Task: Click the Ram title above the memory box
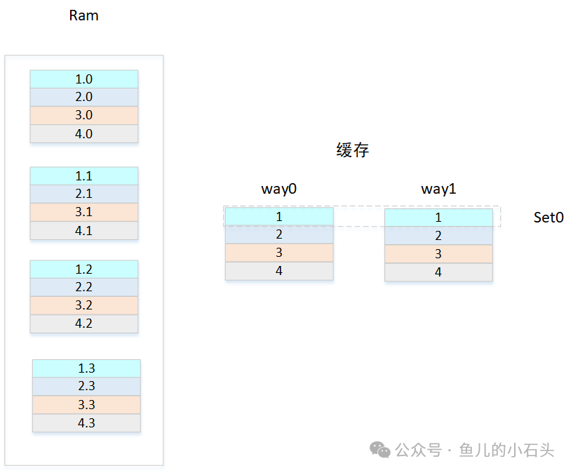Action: tap(83, 15)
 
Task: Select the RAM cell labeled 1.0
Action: tap(84, 79)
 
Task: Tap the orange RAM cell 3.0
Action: tap(84, 116)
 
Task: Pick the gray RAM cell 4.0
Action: tap(84, 134)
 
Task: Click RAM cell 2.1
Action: tap(84, 194)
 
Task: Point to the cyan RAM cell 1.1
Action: tap(84, 176)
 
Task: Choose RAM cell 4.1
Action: tap(84, 230)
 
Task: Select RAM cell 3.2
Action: tap(84, 305)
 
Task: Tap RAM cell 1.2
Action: tap(84, 269)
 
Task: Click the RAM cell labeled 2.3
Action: tap(86, 387)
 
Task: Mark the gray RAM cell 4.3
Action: tap(86, 423)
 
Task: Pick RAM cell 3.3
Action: tap(86, 405)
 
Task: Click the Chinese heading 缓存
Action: tap(352, 150)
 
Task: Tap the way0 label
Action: tap(279, 189)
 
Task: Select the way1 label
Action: tap(439, 189)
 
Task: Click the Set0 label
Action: tap(548, 218)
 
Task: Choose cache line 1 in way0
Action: tap(279, 216)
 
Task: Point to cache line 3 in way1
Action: tap(438, 254)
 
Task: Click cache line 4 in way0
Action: tap(279, 271)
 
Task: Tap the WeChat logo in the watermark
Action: tap(380, 450)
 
